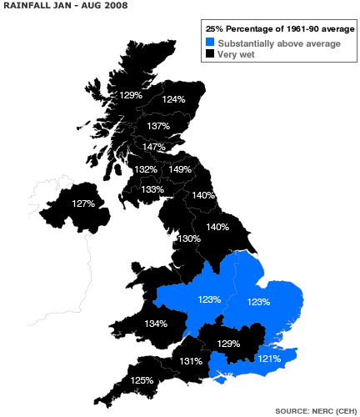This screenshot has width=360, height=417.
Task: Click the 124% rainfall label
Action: (173, 99)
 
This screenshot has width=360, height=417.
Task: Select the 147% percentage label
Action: (152, 147)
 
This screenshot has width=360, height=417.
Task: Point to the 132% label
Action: (146, 169)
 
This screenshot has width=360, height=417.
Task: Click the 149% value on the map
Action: (181, 169)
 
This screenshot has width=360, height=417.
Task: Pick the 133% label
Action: (152, 189)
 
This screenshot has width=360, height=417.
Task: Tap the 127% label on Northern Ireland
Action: (83, 203)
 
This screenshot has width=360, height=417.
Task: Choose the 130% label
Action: (189, 239)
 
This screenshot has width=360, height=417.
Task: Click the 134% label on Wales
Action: (156, 324)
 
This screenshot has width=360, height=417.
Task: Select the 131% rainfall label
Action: (190, 361)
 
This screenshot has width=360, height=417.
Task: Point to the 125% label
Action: (142, 380)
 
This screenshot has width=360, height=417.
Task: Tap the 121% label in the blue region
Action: (268, 358)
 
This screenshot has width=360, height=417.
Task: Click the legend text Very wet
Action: (237, 54)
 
